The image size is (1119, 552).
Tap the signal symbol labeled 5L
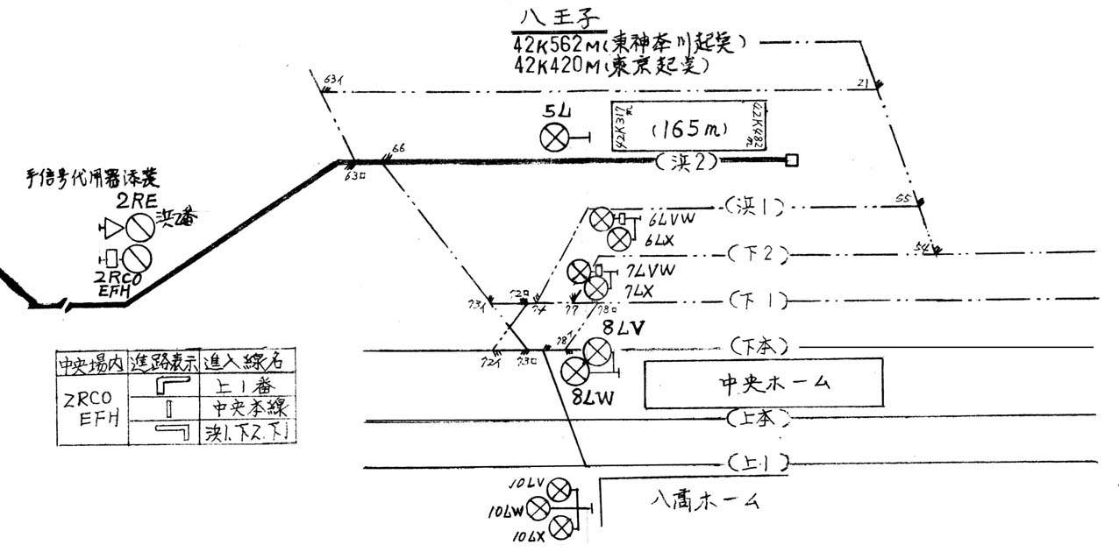click(554, 136)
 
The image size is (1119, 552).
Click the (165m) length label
click(689, 130)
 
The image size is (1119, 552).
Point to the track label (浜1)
click(753, 206)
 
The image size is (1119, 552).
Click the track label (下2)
click(759, 254)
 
